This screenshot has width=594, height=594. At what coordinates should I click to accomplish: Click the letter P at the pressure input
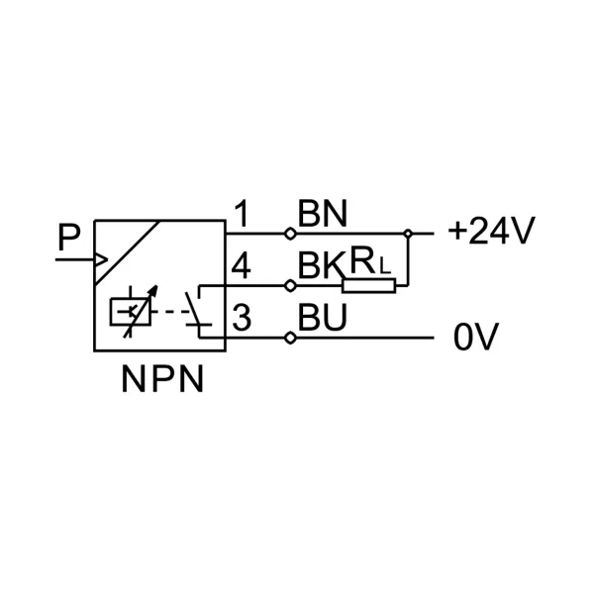[69, 238]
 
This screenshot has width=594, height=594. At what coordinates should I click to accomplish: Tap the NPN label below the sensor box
[163, 379]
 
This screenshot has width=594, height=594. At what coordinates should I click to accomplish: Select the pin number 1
[242, 213]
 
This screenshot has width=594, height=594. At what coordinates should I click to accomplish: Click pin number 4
[241, 266]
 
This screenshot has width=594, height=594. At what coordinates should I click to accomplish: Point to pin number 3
[242, 318]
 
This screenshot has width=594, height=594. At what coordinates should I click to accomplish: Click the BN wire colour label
[323, 213]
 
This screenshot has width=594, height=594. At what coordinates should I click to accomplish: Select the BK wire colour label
[321, 265]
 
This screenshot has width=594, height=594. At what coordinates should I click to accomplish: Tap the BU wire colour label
[323, 317]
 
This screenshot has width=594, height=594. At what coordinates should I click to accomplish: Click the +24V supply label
[491, 230]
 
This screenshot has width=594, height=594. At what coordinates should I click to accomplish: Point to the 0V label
[476, 337]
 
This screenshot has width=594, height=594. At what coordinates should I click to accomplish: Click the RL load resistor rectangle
[368, 286]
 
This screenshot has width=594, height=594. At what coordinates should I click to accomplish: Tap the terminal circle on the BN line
[290, 234]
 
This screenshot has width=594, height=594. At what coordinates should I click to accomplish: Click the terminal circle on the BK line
[290, 286]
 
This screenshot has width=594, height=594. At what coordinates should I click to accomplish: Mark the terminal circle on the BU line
[290, 338]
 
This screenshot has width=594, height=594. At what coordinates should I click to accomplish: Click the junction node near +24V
[408, 234]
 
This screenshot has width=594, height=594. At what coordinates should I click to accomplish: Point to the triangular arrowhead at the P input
[102, 259]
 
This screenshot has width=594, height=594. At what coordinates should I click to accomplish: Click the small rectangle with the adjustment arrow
[130, 312]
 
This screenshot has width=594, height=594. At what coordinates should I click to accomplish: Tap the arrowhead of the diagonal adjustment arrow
[152, 292]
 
